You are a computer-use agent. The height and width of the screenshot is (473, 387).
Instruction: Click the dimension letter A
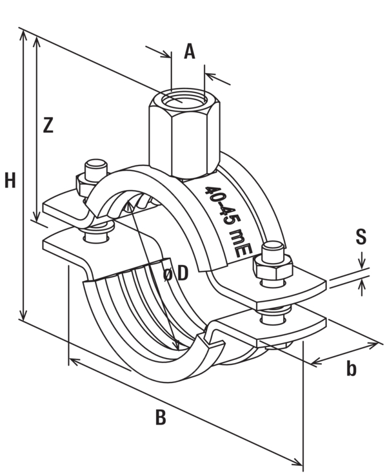tap(189, 51)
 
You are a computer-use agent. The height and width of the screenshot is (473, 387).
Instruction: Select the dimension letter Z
tap(46, 125)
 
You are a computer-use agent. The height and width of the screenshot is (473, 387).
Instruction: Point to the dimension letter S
tap(361, 236)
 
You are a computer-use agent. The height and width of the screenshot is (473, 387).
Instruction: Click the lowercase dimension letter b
tap(351, 368)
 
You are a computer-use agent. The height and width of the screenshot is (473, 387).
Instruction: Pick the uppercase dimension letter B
tap(161, 418)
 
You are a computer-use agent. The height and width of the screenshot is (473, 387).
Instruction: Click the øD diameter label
tap(175, 274)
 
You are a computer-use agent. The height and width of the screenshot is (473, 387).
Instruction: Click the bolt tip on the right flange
tap(272, 247)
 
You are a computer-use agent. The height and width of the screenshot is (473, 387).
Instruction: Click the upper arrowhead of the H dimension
tap(23, 34)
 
